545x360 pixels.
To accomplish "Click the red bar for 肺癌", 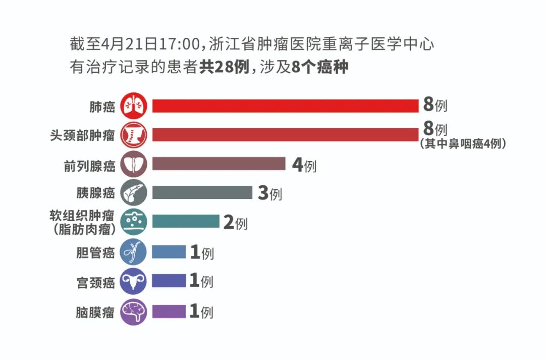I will point(285,106).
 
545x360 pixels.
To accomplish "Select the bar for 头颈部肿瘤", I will point(285,135).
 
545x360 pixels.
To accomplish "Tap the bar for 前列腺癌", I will point(219,164).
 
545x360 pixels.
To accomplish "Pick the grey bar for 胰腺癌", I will point(202,193).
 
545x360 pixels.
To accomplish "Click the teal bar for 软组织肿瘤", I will point(185,222).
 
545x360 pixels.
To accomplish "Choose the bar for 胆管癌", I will point(169,251).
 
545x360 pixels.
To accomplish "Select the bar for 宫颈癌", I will point(169,281).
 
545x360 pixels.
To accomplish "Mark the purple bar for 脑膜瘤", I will point(169,311).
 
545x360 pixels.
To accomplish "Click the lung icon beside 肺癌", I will point(134,106).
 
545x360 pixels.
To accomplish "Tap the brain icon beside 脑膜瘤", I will point(134,311).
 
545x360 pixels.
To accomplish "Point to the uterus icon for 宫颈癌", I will point(134,281).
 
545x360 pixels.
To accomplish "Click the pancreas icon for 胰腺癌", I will point(134,193).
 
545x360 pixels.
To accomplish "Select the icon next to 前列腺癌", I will point(134,164).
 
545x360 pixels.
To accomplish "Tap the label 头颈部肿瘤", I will point(82,135).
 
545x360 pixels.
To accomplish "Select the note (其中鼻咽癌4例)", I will point(462,144).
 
